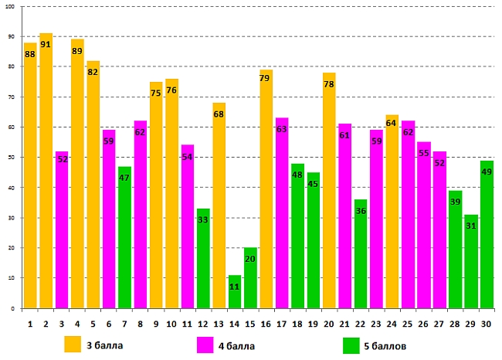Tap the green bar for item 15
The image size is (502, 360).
click(x=250, y=278)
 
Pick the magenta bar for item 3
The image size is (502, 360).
click(x=62, y=232)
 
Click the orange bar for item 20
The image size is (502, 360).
click(x=329, y=193)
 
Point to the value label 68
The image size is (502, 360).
click(x=219, y=114)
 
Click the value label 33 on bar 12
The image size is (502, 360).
click(x=203, y=220)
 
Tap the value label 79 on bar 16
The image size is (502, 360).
click(x=266, y=78)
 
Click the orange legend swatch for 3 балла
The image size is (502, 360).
click(x=73, y=344)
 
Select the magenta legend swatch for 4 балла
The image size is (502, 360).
click(x=205, y=344)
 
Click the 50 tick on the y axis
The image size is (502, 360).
click(x=12, y=158)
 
